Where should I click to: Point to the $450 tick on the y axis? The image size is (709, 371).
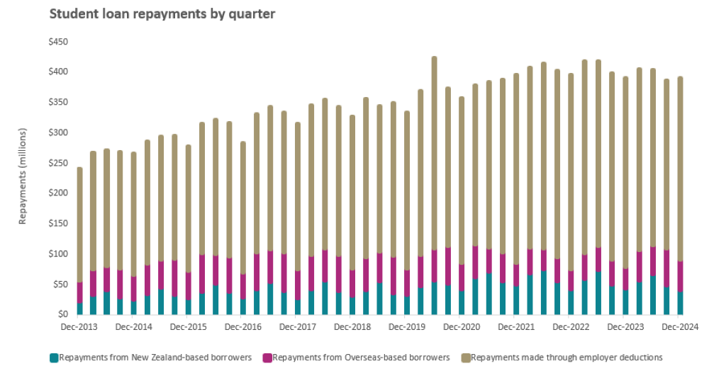[x=59, y=42]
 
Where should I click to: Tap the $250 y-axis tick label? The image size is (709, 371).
[x=59, y=163]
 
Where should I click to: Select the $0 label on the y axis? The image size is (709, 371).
[x=64, y=314]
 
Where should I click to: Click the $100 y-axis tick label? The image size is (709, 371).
[x=59, y=253]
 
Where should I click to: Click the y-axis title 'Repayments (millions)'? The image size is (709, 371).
[x=23, y=177]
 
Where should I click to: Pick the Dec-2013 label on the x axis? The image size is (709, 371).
[x=79, y=327]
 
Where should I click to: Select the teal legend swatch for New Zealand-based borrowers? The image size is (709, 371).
[x=55, y=358]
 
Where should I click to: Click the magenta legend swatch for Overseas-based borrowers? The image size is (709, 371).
[x=267, y=358]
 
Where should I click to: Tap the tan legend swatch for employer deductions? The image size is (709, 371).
[x=465, y=358]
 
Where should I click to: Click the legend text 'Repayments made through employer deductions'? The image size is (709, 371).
[x=566, y=358]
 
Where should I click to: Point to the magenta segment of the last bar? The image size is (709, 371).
[x=680, y=276]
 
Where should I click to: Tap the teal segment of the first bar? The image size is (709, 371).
[x=79, y=309]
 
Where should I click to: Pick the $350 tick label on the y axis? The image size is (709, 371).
[x=59, y=103]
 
